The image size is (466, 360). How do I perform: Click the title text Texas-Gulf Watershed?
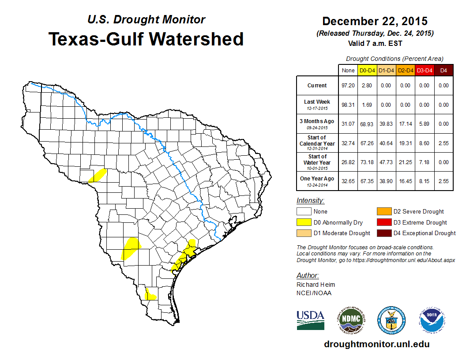[x=146, y=39]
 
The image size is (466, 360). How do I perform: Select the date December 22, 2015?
[x=375, y=21]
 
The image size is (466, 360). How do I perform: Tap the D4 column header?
[x=443, y=71]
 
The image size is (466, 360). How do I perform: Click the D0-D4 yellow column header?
[x=367, y=71]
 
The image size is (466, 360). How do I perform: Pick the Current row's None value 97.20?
[x=348, y=86]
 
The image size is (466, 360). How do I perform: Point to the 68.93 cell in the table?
[x=367, y=124]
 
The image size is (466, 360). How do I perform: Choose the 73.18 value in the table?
[x=367, y=162]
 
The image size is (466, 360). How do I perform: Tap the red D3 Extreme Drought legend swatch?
[x=384, y=222]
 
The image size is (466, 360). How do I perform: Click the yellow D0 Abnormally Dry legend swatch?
[x=304, y=222]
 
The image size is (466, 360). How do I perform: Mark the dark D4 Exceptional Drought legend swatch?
[x=384, y=233]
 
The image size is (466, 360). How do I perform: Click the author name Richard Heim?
[x=316, y=285]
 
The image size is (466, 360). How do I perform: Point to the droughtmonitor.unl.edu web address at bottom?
[x=376, y=344]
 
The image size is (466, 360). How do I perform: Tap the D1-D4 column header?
[x=386, y=71]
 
